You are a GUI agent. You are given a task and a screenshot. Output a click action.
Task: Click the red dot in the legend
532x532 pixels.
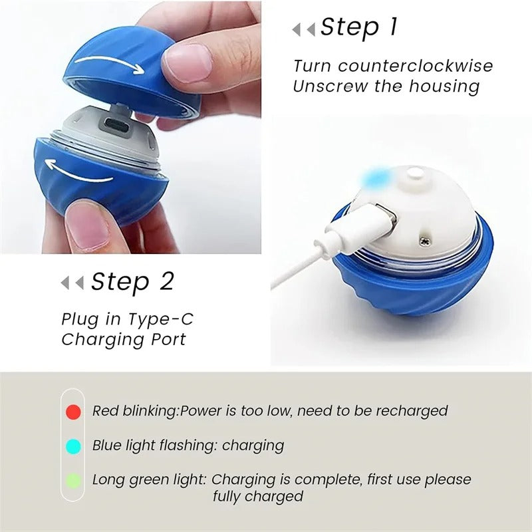pos(74,412)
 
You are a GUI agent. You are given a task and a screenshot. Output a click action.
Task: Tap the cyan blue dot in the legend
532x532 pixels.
pos(74,446)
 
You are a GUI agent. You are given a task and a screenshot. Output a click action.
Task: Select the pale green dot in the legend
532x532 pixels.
pos(74,480)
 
